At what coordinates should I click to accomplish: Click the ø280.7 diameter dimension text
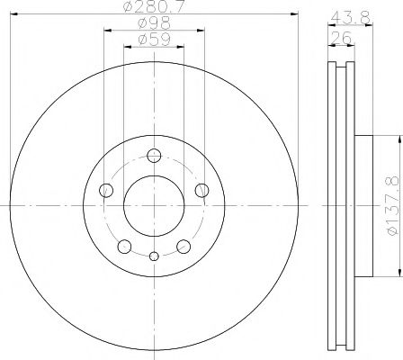pos(154,7)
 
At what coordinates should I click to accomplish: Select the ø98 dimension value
pos(154,23)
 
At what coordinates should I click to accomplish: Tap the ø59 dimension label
pos(154,40)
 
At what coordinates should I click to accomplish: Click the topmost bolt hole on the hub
pos(154,154)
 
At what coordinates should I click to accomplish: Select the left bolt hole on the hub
pos(106,189)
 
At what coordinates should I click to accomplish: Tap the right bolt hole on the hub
pos(201,189)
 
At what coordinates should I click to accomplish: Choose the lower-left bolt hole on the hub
pos(124,245)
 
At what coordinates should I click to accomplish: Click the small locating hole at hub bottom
pos(154,256)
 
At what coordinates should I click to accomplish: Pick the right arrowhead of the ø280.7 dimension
pos(293,13)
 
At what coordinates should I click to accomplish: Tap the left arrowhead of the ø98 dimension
pos(108,30)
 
